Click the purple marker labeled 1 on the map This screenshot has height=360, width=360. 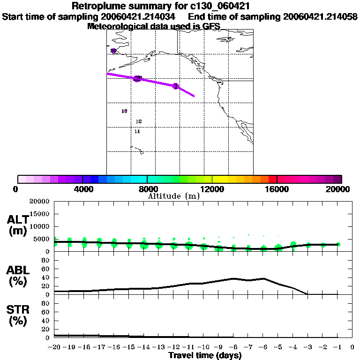(176, 86)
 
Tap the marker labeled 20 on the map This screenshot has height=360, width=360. (113, 51)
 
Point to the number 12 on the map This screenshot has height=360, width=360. (139, 121)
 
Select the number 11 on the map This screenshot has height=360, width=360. (137, 132)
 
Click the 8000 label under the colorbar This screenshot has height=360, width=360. (147, 189)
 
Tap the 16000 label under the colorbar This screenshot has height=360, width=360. (277, 189)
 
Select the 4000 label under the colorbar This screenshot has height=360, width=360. (82, 189)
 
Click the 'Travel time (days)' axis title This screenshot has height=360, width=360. (205, 355)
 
